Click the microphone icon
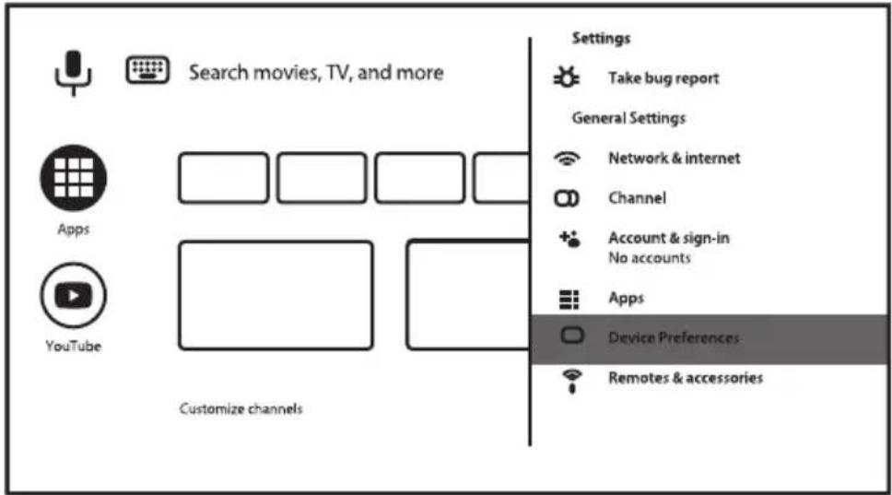[73, 73]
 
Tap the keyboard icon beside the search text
[147, 70]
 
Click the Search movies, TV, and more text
[316, 73]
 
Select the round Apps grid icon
[74, 178]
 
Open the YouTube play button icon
[74, 295]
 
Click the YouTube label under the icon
[74, 346]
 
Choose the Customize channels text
[241, 408]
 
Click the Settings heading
[602, 38]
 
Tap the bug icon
[567, 77]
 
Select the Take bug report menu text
[663, 78]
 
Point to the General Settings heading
[628, 118]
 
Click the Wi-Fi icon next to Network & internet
[567, 159]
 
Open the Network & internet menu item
[675, 158]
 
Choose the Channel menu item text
[637, 198]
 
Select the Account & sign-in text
[669, 238]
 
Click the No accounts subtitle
[650, 258]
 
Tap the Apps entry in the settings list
[627, 298]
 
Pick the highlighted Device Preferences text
[675, 338]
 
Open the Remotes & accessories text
[687, 378]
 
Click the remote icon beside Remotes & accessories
[571, 381]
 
